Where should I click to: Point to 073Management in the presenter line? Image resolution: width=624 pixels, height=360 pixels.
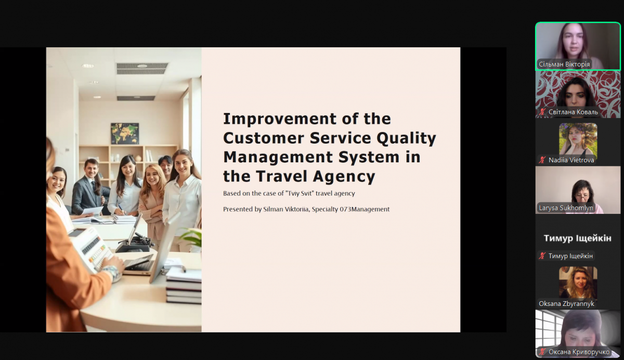[x=365, y=209]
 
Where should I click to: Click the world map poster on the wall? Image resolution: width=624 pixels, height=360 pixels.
[x=125, y=134]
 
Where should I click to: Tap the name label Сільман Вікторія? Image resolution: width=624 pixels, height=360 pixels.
[x=564, y=65]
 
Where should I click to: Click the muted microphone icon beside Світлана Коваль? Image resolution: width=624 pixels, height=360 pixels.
[x=542, y=112]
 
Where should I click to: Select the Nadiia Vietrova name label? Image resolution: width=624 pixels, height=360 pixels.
[x=571, y=160]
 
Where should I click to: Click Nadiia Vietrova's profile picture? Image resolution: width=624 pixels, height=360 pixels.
[x=578, y=139]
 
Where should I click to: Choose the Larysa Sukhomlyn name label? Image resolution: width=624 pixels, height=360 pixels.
[x=566, y=208]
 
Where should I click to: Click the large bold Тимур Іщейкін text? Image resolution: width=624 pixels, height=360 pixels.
[x=578, y=238]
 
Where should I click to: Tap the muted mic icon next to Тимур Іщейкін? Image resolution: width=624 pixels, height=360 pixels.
[x=542, y=256]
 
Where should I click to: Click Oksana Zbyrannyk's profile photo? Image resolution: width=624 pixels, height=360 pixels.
[x=578, y=282]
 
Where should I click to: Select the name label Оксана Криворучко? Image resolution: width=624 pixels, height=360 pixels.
[x=579, y=352]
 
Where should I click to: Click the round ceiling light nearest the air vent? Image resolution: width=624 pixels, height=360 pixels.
[x=142, y=66]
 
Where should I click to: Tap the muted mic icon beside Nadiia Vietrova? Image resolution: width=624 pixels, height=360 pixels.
[x=542, y=160]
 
